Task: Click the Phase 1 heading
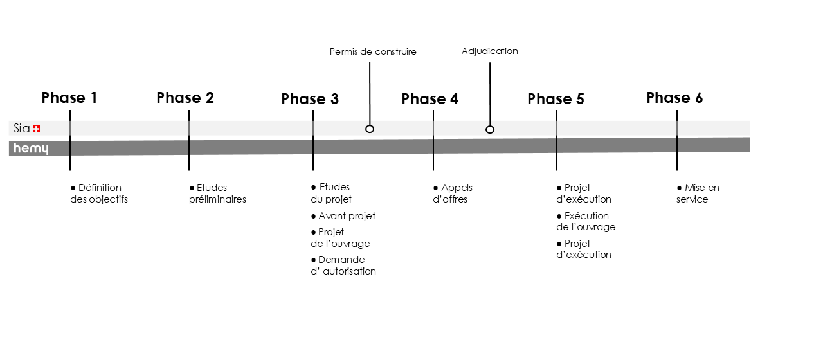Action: (69, 98)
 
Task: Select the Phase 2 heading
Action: (185, 98)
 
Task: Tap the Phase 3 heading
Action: (310, 99)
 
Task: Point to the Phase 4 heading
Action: (430, 99)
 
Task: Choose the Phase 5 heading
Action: (556, 99)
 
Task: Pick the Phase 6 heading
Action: (674, 98)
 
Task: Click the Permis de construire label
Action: (373, 51)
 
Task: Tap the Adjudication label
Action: (490, 51)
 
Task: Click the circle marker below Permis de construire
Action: (370, 129)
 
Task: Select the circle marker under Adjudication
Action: (490, 129)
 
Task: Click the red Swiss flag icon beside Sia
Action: (37, 129)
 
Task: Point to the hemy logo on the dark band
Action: (32, 148)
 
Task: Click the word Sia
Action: (22, 129)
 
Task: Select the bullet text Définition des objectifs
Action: (99, 194)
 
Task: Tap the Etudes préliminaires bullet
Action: (217, 194)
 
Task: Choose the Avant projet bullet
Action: (343, 216)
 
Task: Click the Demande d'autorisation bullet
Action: (343, 265)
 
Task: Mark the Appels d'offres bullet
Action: (453, 194)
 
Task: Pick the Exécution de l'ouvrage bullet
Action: (586, 221)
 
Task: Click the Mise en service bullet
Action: (698, 194)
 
